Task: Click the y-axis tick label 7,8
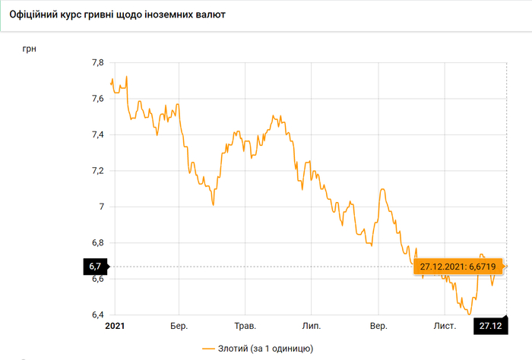tap(97, 62)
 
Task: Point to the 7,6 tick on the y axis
tap(97, 99)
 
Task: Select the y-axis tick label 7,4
tap(97, 134)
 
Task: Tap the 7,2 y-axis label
tap(97, 171)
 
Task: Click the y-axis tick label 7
tap(101, 207)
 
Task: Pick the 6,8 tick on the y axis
tap(97, 243)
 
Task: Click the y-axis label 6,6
tap(97, 279)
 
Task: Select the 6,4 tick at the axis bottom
tap(97, 314)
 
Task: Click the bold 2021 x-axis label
tap(113, 326)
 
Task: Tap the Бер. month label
tap(179, 326)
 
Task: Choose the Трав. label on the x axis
tap(245, 326)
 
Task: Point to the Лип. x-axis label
tap(312, 326)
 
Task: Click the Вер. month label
tap(378, 326)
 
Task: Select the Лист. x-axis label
tap(444, 326)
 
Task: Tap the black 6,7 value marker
tap(95, 267)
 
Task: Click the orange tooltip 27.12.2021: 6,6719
tap(459, 267)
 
